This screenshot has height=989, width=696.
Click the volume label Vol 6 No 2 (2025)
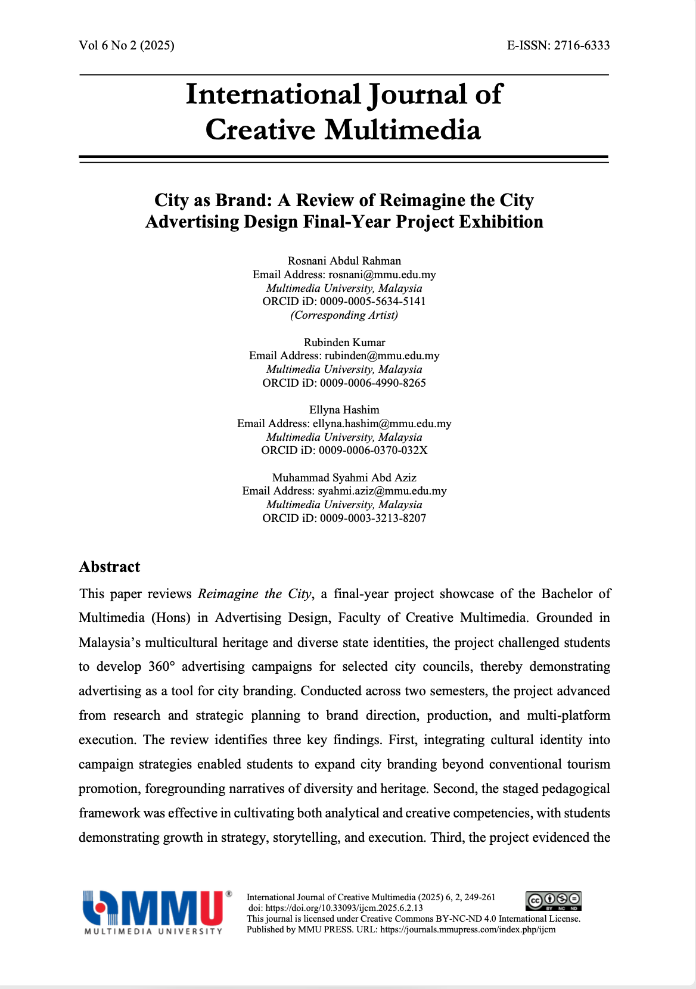click(x=126, y=45)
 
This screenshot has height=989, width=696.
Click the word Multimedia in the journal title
click(x=402, y=130)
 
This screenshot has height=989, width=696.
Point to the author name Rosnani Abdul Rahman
click(x=344, y=261)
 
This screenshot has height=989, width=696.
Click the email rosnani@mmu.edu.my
click(x=382, y=275)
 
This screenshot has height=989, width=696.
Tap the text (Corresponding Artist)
click(x=344, y=315)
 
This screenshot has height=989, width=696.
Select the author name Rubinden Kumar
click(x=344, y=343)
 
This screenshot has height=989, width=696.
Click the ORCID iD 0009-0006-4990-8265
click(x=372, y=383)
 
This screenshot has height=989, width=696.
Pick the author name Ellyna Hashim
click(x=344, y=410)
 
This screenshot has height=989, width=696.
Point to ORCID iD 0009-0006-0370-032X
click(x=372, y=450)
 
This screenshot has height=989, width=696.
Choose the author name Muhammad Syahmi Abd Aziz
click(x=344, y=478)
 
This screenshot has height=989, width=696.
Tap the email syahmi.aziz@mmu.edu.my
click(x=382, y=492)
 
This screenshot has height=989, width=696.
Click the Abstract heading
click(x=110, y=567)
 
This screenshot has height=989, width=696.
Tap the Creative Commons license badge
click(x=553, y=901)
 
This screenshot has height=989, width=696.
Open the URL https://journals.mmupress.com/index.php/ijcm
click(x=468, y=929)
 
